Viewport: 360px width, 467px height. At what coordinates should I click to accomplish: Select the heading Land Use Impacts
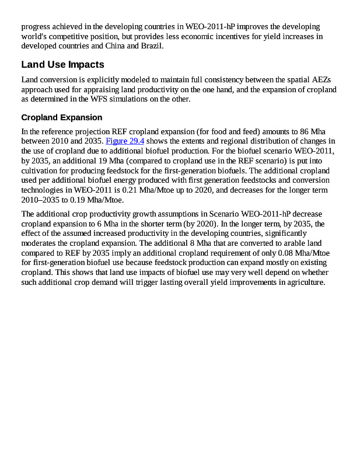click(x=62, y=64)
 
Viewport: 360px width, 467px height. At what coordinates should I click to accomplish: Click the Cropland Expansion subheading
click(x=61, y=117)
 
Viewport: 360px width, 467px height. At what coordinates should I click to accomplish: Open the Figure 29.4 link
click(x=125, y=141)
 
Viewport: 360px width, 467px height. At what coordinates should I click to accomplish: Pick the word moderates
click(x=39, y=243)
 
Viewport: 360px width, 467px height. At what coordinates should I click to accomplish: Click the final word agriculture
click(x=304, y=283)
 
